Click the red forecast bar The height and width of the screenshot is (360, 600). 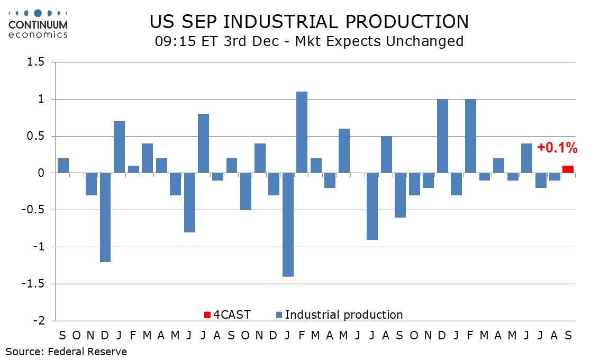(x=568, y=169)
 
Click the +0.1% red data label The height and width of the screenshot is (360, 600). (x=557, y=149)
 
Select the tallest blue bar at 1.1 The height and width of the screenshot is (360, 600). (x=302, y=132)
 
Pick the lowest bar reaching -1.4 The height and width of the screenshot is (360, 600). (x=288, y=224)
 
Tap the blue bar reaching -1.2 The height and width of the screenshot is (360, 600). (x=105, y=217)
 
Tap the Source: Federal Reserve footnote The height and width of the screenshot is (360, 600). (x=67, y=352)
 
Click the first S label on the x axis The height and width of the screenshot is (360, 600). (x=63, y=336)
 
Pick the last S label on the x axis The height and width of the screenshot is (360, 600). (x=568, y=336)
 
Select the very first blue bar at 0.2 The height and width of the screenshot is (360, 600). (x=63, y=166)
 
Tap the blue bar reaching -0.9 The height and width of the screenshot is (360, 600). (x=372, y=206)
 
